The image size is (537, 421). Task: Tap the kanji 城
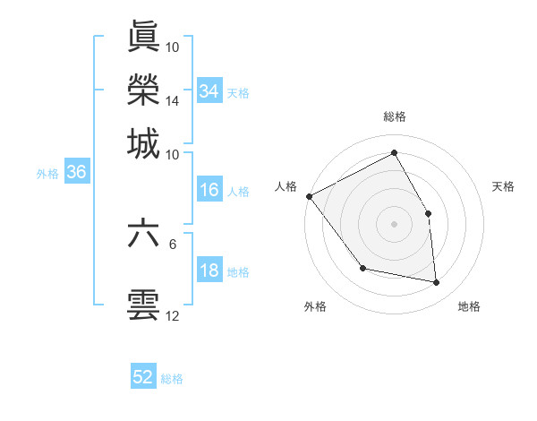pos(143,143)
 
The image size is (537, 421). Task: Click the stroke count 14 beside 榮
pos(173,101)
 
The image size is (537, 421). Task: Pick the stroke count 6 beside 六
pos(173,243)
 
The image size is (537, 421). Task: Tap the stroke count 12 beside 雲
pos(173,315)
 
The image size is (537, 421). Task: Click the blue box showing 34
pos(209,91)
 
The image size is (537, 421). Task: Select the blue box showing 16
pos(209,190)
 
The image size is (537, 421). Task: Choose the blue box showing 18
pos(209,271)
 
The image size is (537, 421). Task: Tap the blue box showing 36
pos(76,173)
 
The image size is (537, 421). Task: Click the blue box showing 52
pos(143,378)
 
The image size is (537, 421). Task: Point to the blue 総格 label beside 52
pos(172,379)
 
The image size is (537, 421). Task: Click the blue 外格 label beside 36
pos(47,174)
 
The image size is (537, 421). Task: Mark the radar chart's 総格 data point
pos(394,153)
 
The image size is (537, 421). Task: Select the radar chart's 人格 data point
pos(309,196)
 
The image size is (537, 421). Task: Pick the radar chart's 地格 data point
pos(437,283)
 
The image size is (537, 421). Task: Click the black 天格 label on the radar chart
pos(503,186)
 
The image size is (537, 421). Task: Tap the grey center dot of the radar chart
pos(394,223)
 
